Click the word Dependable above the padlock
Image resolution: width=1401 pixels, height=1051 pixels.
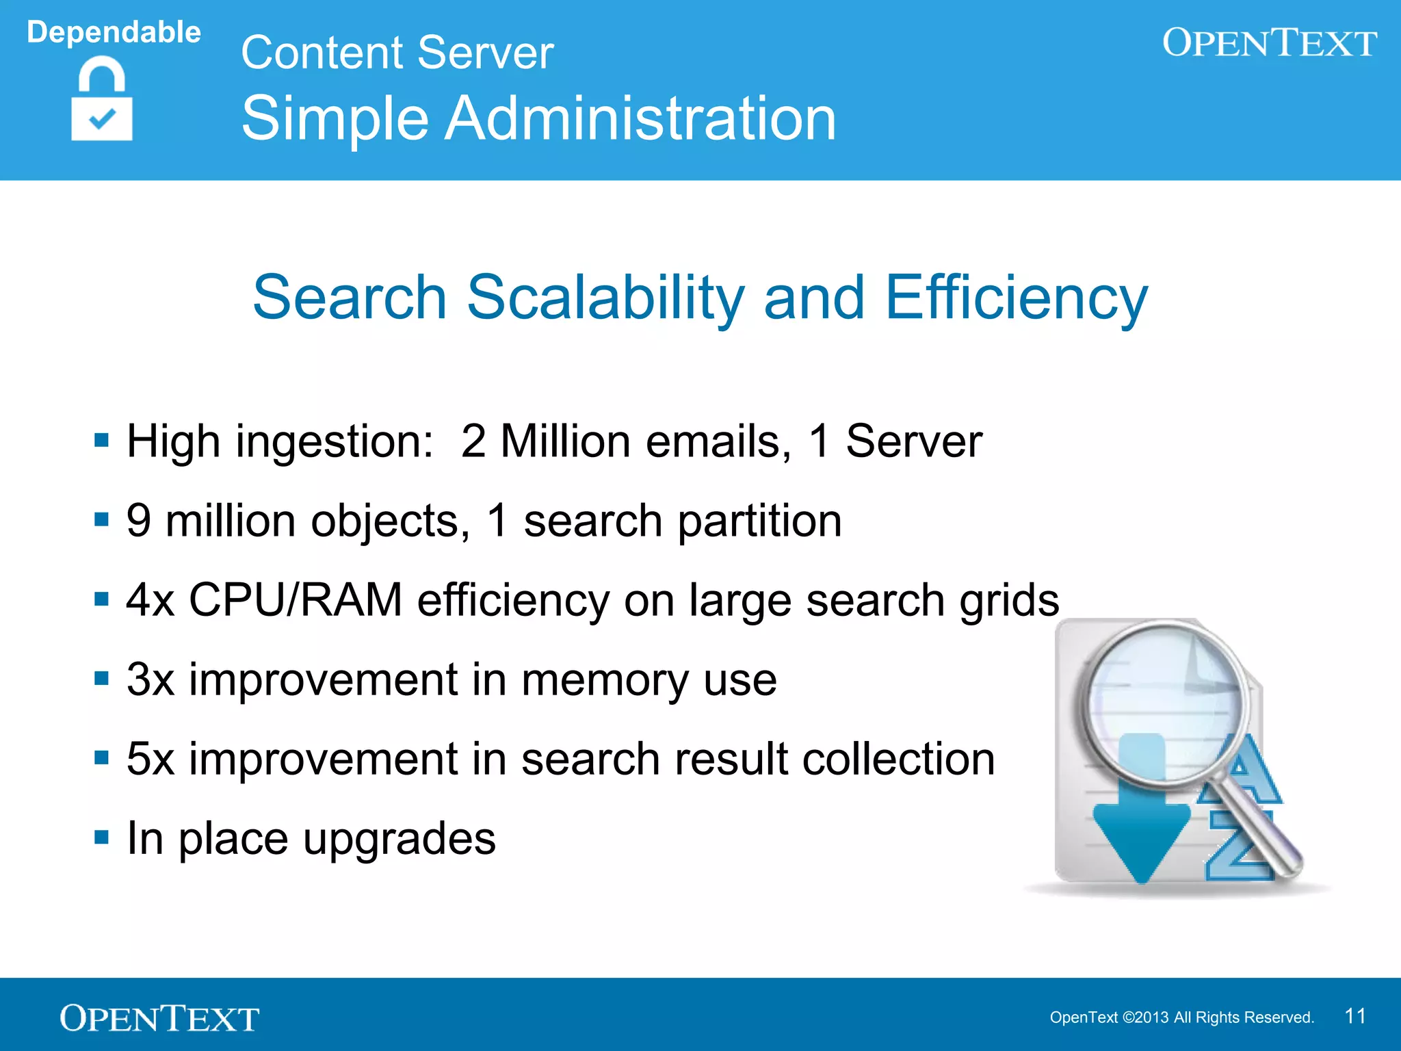[x=114, y=32]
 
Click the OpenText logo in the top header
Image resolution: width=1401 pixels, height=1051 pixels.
[x=1269, y=42]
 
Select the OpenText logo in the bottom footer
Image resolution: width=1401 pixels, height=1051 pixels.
[x=159, y=1018]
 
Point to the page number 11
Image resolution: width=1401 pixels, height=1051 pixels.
[x=1355, y=1016]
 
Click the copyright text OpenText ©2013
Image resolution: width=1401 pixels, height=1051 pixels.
[x=1109, y=1017]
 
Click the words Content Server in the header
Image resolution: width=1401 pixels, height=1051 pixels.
[x=397, y=53]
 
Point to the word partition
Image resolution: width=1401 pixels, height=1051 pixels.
[x=759, y=521]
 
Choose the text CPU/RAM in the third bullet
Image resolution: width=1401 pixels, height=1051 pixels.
[x=295, y=600]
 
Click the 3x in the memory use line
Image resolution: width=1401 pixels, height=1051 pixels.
[x=150, y=679]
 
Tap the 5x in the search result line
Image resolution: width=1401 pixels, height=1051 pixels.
[x=150, y=759]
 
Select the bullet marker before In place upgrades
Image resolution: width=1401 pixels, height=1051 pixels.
[x=102, y=837]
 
